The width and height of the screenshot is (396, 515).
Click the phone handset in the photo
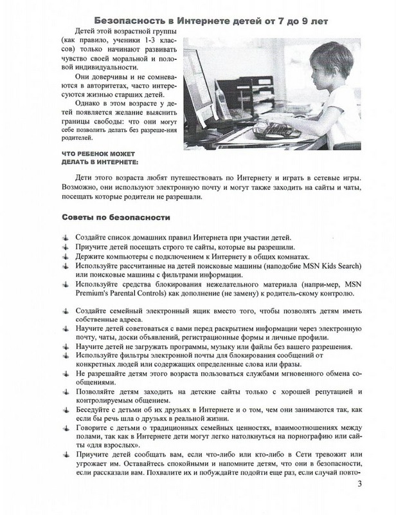click(x=215, y=97)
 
